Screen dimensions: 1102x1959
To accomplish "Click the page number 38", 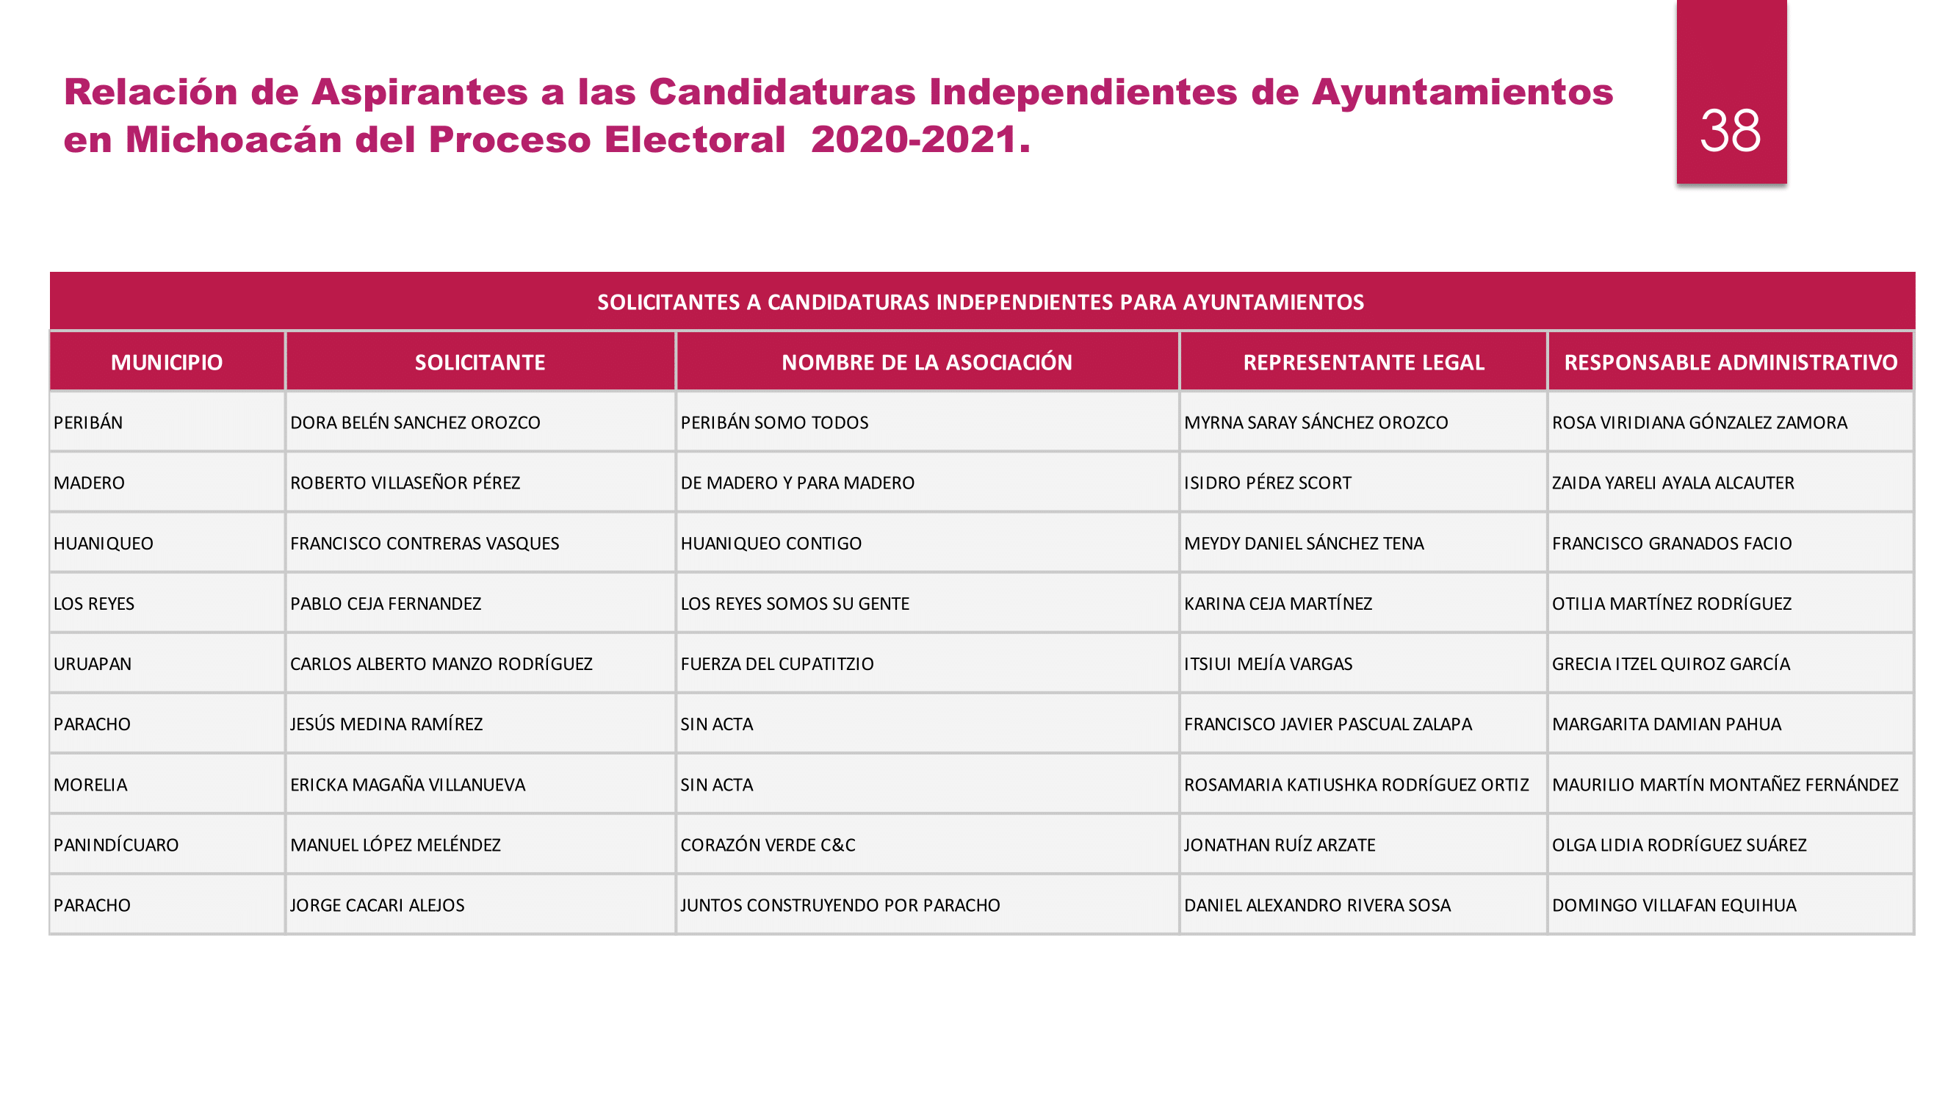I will [1730, 130].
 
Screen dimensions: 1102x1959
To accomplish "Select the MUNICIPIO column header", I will [167, 362].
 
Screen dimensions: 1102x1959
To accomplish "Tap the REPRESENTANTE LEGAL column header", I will [1363, 362].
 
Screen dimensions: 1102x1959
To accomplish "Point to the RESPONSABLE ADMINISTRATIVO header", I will [1730, 362].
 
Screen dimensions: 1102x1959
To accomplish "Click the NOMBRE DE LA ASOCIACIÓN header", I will [926, 362].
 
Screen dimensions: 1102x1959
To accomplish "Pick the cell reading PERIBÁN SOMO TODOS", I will [774, 423].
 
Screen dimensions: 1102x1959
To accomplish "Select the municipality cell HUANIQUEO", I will [104, 544].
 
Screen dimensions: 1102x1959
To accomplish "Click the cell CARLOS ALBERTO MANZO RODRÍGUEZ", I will [441, 664].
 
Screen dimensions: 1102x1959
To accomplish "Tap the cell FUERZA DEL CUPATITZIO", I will [776, 664].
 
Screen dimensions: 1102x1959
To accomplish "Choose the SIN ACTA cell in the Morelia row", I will [716, 785].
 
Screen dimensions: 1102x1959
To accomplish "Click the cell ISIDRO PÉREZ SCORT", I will [1267, 483].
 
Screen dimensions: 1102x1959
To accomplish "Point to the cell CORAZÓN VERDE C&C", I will [768, 845].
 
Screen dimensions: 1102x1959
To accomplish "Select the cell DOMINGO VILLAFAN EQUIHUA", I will [1673, 905].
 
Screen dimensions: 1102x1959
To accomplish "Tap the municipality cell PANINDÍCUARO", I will [115, 845].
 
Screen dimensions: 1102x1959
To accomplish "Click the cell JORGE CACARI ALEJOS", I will [378, 905].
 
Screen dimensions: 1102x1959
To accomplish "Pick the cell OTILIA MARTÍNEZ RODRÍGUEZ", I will [1671, 604].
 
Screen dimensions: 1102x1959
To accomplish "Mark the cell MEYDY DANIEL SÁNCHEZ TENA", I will [1304, 544].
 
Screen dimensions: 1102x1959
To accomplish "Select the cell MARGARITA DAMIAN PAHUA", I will [1665, 724].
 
